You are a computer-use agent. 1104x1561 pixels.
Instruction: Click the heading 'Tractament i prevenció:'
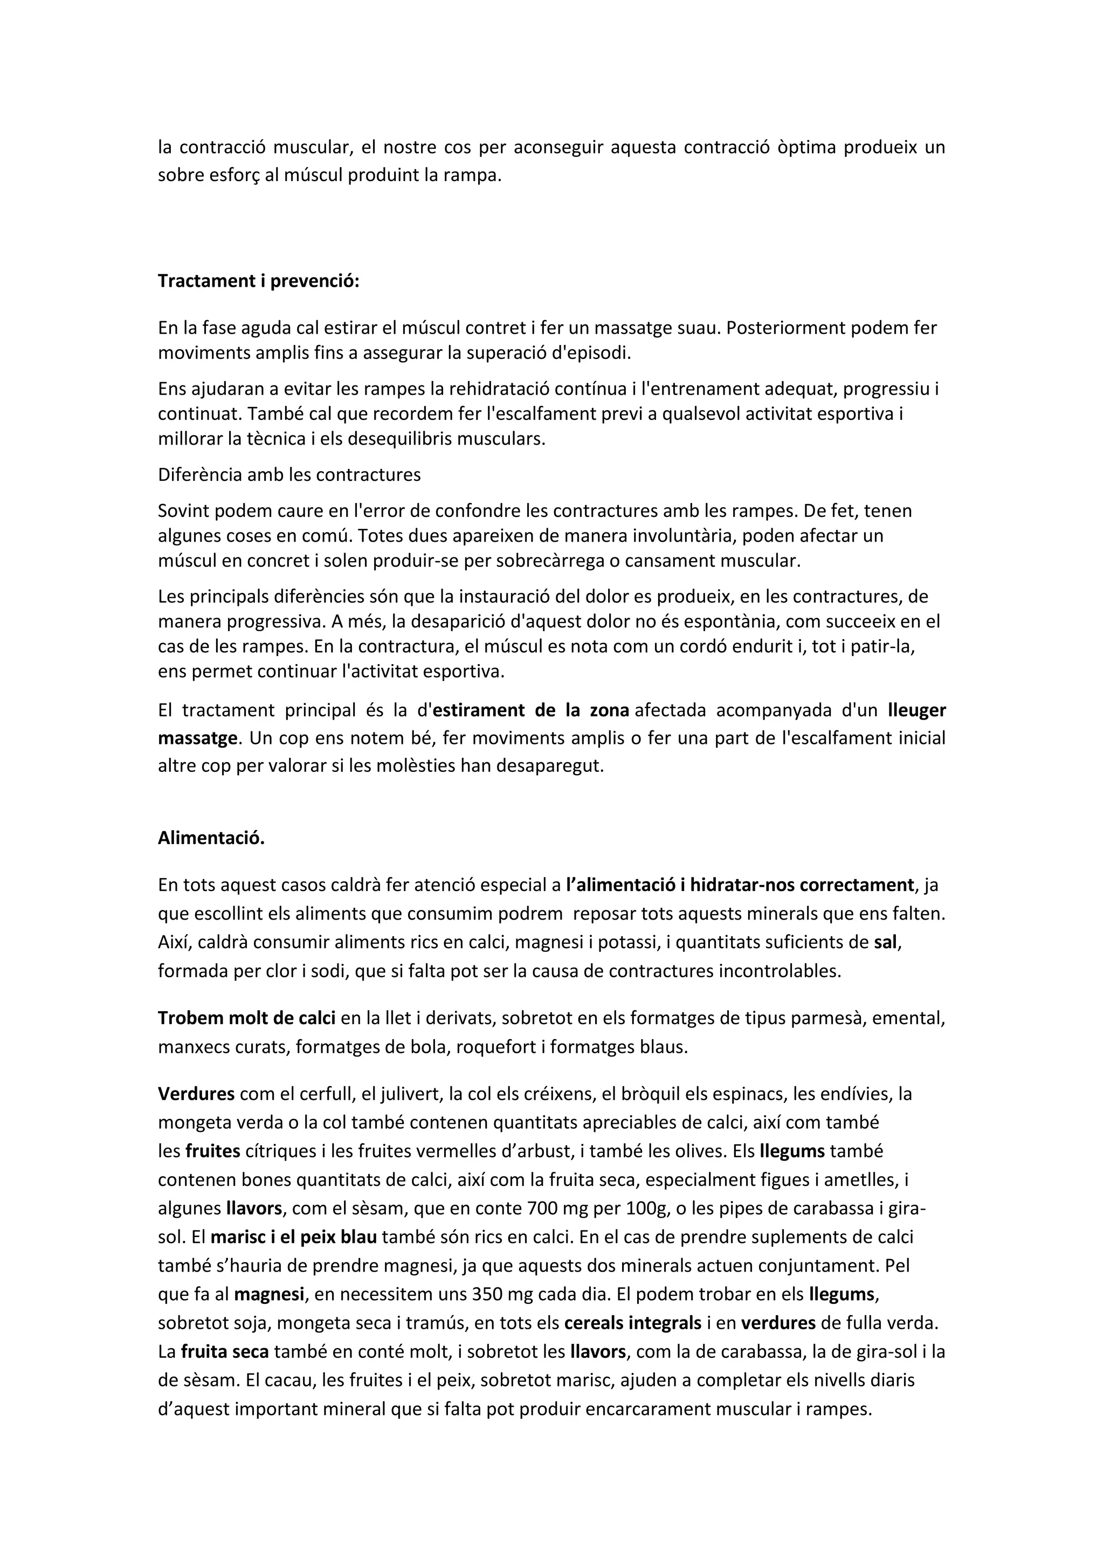pos(258,281)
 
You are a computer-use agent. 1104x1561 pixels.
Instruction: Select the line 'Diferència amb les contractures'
pos(289,474)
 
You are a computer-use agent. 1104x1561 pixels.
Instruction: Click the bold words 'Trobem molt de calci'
pos(247,1018)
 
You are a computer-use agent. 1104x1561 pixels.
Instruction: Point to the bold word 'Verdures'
pos(196,1094)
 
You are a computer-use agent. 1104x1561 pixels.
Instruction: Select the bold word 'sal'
pos(885,942)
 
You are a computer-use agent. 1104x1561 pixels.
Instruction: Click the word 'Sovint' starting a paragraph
pos(182,510)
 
